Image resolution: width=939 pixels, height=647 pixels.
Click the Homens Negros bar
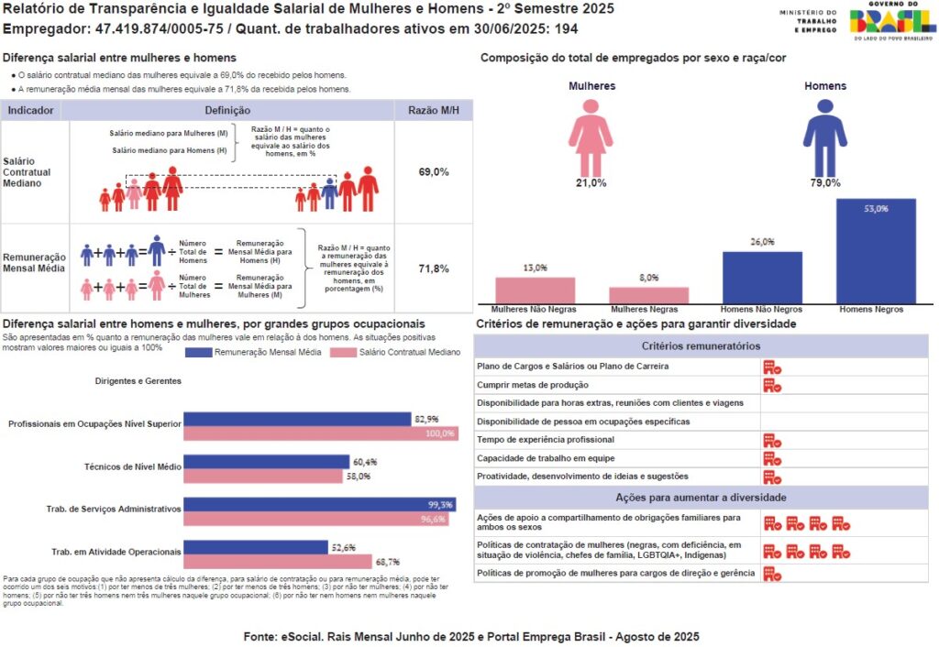tap(876, 250)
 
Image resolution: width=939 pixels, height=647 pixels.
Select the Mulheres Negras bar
tap(648, 294)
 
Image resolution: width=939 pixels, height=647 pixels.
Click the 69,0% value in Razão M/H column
tap(434, 171)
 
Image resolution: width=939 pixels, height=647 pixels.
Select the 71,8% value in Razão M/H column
tap(434, 269)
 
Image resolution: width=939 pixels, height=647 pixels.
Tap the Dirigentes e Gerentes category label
tap(138, 380)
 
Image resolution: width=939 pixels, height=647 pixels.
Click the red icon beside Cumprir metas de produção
tap(772, 385)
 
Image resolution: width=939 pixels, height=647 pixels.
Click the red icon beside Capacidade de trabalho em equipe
tap(772, 458)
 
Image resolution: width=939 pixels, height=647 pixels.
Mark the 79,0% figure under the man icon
tap(825, 182)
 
